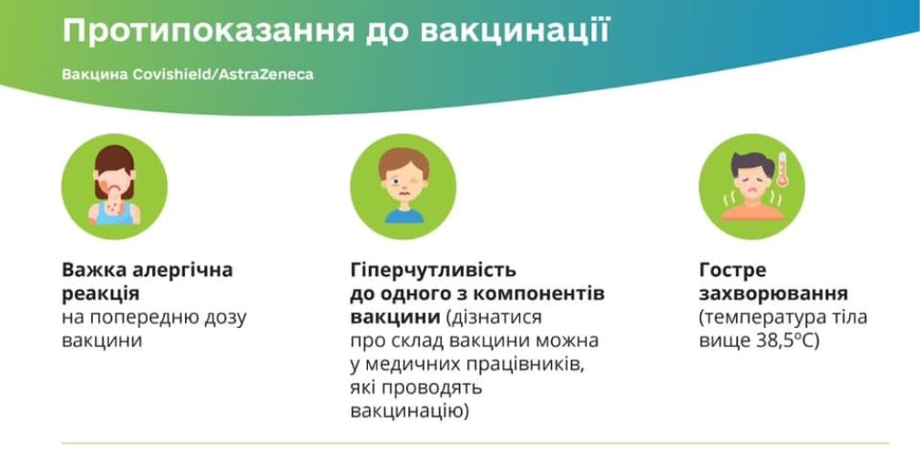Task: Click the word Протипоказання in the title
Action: pos(209,30)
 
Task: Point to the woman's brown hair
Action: pos(115,161)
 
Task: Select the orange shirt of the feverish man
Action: pos(752,211)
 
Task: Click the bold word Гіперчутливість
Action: pos(433,271)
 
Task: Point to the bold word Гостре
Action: pos(733,271)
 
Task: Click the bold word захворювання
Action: pos(773,294)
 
